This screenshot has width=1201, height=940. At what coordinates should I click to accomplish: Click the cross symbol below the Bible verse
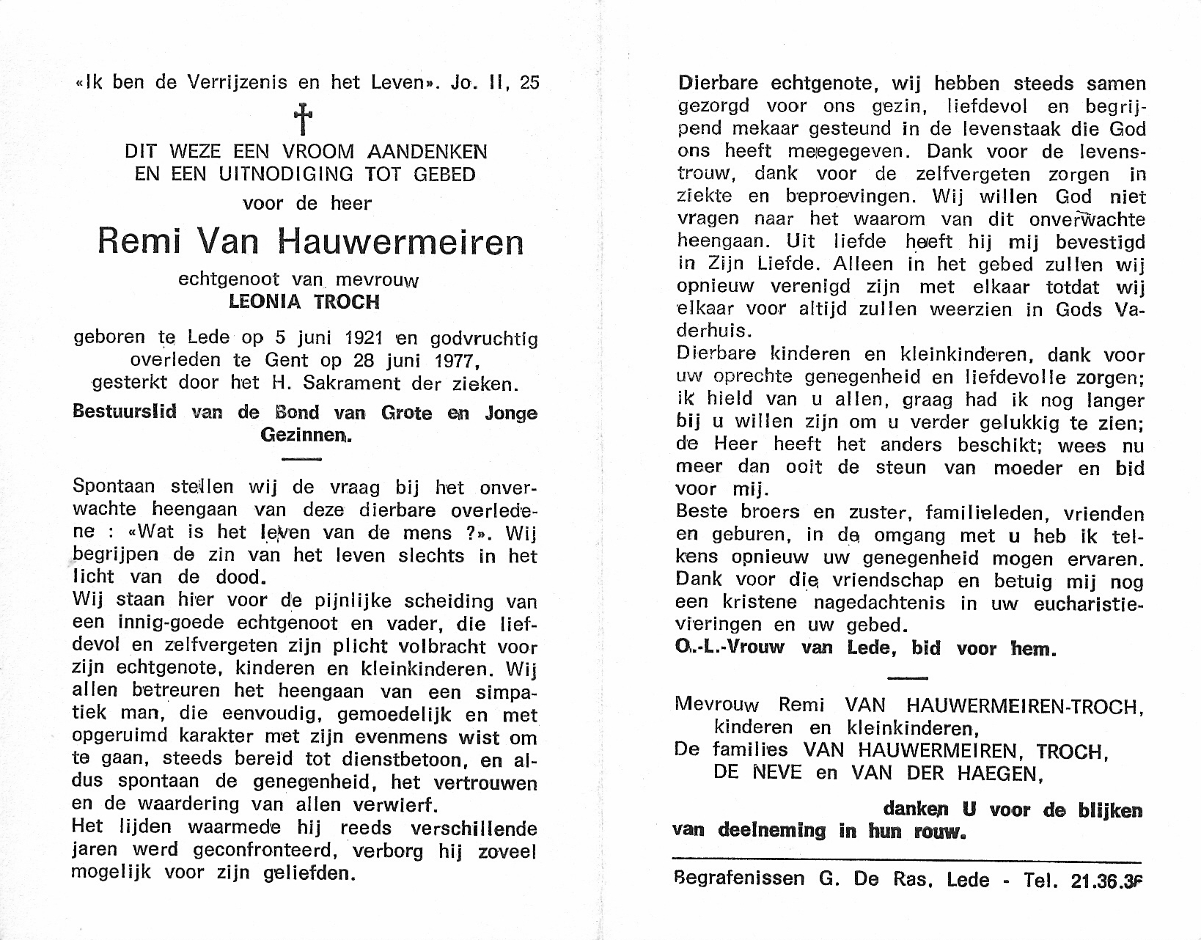pyautogui.click(x=303, y=118)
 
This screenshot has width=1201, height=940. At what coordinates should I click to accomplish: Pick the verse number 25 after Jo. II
pyautogui.click(x=529, y=82)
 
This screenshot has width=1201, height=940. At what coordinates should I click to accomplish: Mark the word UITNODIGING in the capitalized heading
pyautogui.click(x=275, y=175)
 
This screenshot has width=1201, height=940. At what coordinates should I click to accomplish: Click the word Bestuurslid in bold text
pyautogui.click(x=125, y=413)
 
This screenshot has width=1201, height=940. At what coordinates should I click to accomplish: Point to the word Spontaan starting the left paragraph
pyautogui.click(x=114, y=487)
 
